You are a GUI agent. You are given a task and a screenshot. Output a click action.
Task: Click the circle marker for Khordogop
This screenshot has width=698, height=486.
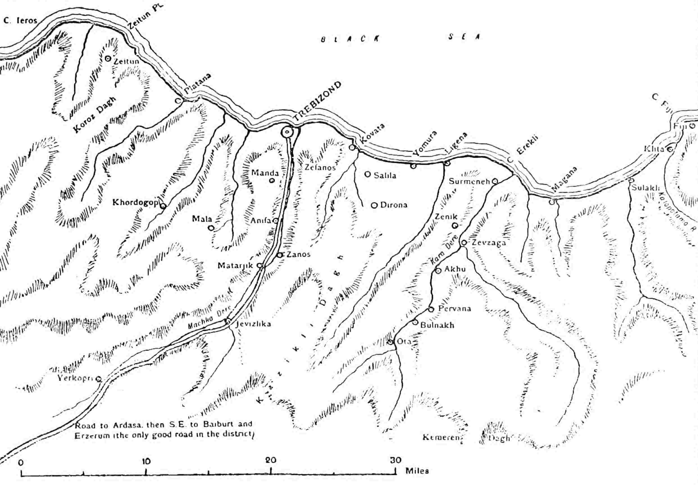[x=163, y=206]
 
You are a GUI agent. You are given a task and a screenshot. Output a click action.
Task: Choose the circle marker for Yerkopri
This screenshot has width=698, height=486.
[x=98, y=379]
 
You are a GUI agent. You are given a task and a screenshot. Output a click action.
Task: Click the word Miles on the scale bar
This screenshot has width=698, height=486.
[x=417, y=471]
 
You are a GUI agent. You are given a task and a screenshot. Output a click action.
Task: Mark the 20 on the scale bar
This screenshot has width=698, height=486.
[x=271, y=460]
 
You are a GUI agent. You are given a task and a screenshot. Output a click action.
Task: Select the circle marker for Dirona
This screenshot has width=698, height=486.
[x=375, y=205]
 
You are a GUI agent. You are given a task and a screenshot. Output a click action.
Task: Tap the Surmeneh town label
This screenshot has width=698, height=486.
[x=469, y=182]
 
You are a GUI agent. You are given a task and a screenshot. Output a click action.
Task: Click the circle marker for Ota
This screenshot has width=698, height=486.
[x=390, y=342]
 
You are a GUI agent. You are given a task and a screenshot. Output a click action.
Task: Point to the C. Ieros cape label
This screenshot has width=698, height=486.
[x=20, y=20]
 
